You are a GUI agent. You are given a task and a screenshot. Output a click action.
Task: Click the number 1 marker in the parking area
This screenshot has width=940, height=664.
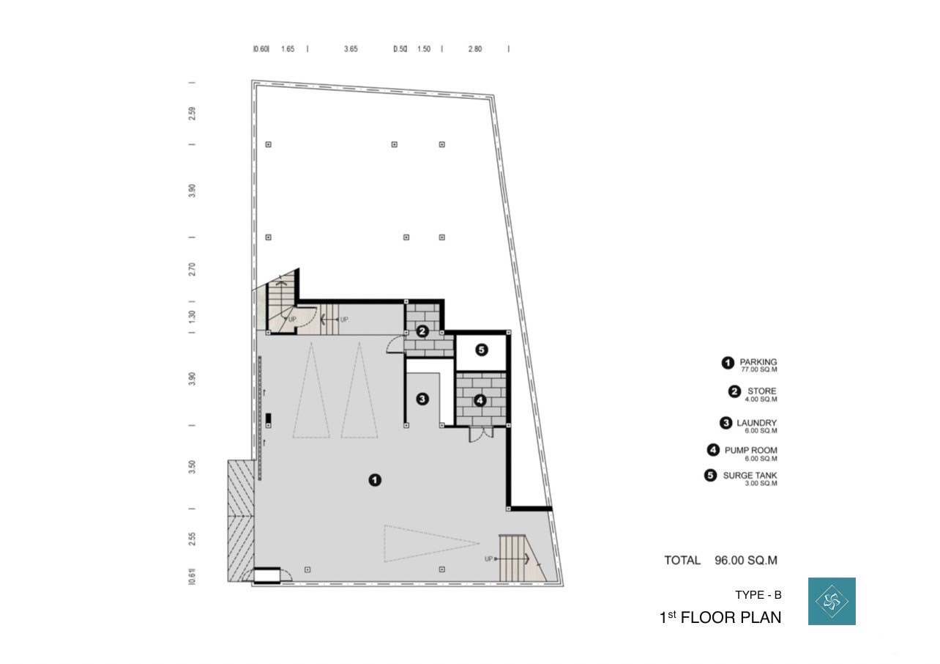click(375, 480)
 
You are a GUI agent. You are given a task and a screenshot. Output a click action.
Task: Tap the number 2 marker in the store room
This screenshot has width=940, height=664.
click(422, 331)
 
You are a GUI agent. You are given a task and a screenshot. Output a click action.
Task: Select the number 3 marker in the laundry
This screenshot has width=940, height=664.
click(422, 399)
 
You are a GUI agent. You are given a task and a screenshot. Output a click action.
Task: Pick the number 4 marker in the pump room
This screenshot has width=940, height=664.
click(480, 400)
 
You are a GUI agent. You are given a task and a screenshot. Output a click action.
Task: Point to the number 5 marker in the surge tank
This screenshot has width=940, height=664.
click(481, 350)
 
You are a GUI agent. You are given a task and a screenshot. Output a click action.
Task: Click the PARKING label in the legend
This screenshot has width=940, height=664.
click(758, 361)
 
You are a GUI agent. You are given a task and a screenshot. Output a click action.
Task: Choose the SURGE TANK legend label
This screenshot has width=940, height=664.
click(750, 476)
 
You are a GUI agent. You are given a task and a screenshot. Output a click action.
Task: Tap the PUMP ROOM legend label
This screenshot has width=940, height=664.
click(750, 450)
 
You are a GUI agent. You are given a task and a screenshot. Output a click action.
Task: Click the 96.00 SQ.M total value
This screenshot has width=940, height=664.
click(746, 560)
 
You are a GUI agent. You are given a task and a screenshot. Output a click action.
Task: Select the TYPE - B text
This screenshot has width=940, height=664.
click(758, 594)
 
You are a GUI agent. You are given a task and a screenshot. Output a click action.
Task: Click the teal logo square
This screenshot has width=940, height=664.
click(832, 601)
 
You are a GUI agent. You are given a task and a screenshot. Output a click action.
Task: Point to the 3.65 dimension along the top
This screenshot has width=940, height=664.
click(351, 49)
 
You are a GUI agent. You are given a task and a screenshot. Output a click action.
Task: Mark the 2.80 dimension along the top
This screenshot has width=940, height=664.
click(475, 49)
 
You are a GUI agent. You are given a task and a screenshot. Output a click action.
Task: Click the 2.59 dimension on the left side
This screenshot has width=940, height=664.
click(192, 114)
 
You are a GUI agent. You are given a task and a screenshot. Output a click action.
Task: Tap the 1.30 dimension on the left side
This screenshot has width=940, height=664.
click(192, 317)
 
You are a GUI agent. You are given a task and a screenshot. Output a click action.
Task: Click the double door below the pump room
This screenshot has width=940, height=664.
click(481, 434)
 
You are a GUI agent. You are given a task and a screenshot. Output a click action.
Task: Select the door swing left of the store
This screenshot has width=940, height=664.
click(395, 344)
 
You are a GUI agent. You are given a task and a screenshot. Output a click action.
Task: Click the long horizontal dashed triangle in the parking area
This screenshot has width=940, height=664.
click(432, 544)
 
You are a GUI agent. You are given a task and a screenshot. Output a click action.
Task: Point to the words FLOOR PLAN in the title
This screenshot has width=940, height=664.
click(731, 617)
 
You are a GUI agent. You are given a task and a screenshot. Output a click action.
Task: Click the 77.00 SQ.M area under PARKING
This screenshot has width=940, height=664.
click(758, 369)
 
